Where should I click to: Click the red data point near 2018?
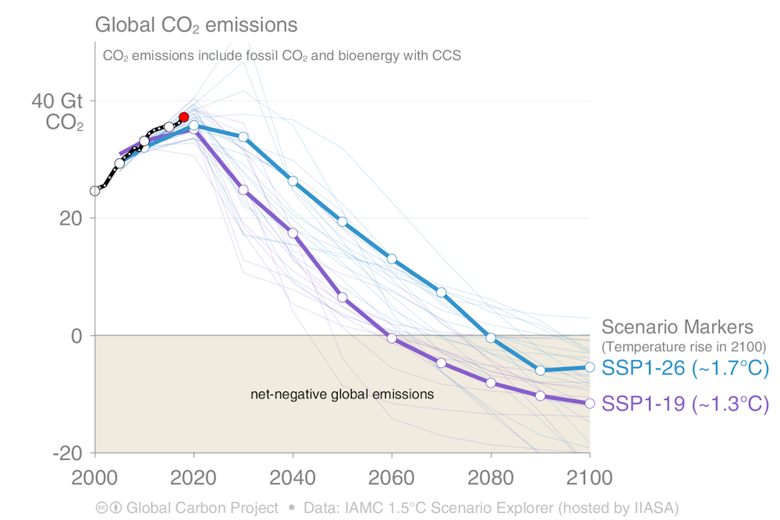tap(184, 117)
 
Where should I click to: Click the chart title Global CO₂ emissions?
tap(196, 25)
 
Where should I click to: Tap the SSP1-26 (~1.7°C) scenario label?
tap(686, 368)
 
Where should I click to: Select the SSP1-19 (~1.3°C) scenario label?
tap(686, 404)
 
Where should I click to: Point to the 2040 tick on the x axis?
tap(292, 477)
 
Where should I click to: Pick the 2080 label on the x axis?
tap(491, 477)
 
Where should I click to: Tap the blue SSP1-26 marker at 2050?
tap(342, 221)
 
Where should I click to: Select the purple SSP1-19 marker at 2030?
tap(243, 189)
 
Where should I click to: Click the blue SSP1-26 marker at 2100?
tap(590, 367)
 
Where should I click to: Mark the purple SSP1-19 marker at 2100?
tap(590, 403)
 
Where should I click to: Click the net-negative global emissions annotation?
tap(342, 394)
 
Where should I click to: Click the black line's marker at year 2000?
tap(95, 190)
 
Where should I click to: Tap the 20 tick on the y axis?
tap(72, 218)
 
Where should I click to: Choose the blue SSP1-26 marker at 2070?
tap(441, 292)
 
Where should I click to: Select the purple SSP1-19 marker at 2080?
tap(491, 383)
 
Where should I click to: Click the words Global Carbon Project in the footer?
tap(202, 508)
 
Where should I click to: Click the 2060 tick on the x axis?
tap(392, 477)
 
